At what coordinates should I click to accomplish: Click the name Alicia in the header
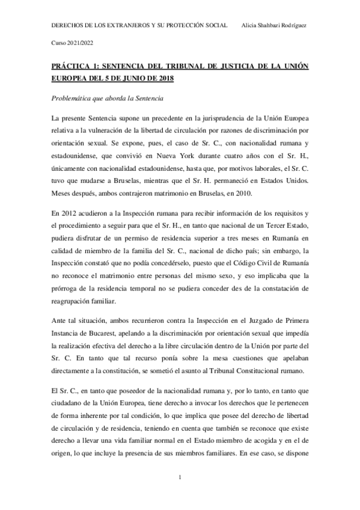248,26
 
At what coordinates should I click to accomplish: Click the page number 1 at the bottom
180,479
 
